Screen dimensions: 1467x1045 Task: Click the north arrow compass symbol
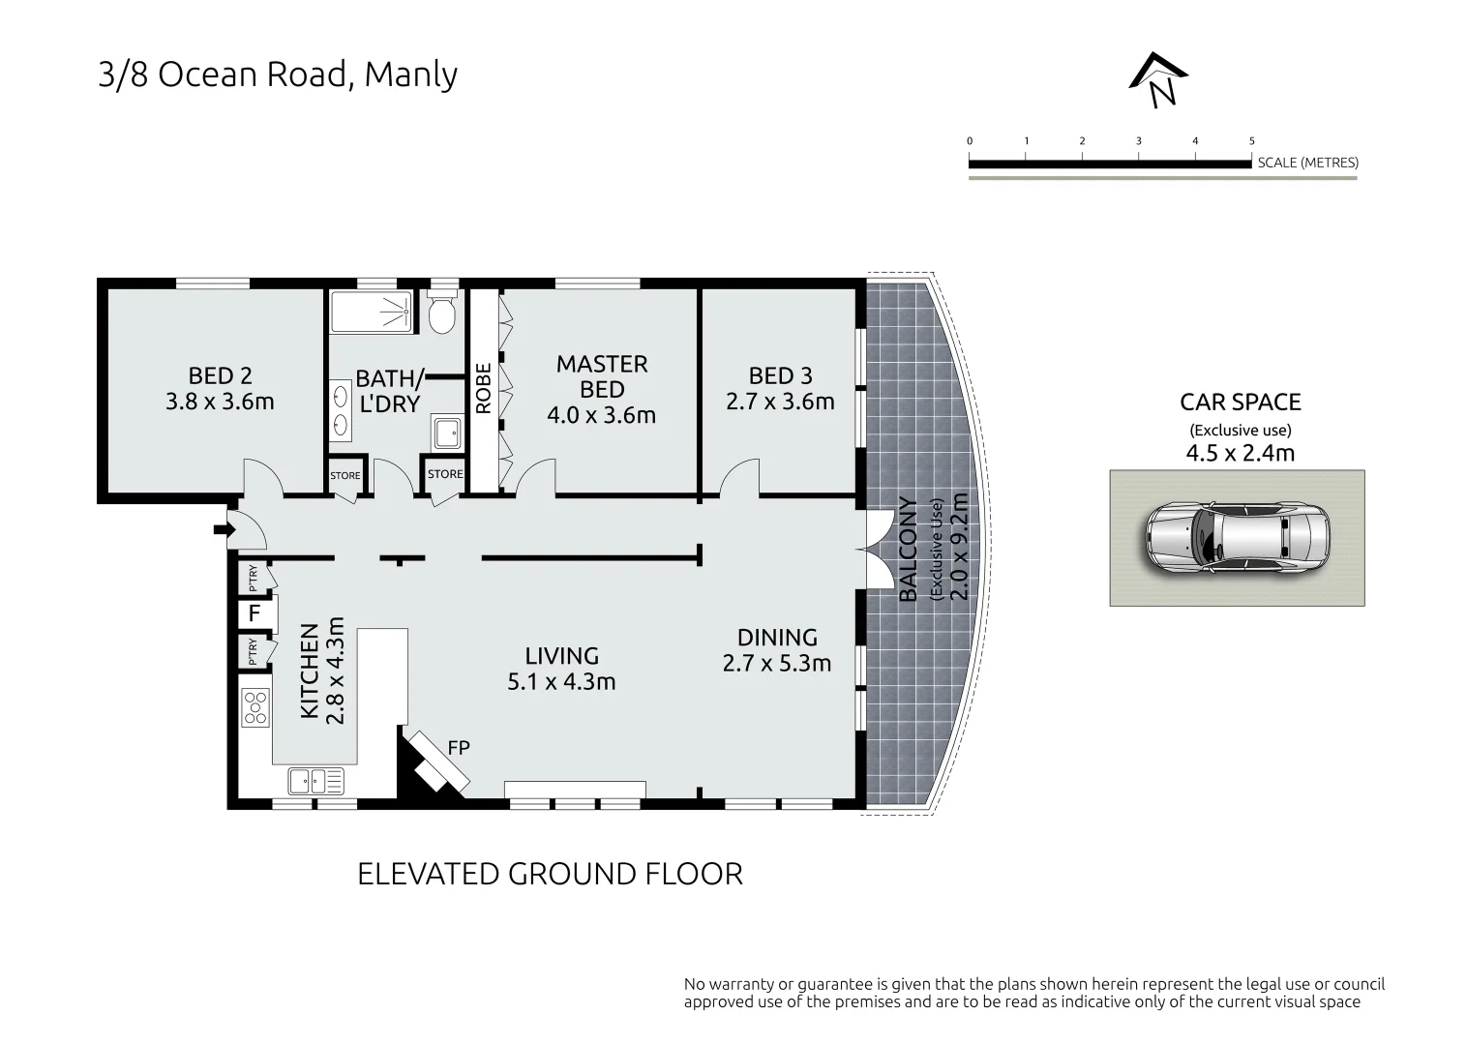click(1158, 80)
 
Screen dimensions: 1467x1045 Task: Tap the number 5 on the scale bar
click(1251, 140)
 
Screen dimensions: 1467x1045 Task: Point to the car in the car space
click(1238, 538)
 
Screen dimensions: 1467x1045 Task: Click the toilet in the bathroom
click(442, 314)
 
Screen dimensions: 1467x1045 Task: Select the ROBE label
click(483, 388)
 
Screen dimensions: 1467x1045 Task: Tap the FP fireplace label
click(459, 747)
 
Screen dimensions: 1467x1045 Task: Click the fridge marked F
click(254, 613)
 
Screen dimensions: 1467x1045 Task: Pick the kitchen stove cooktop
click(255, 707)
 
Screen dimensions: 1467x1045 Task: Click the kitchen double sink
click(315, 781)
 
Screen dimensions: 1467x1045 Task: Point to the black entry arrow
click(225, 529)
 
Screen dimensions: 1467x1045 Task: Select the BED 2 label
click(220, 375)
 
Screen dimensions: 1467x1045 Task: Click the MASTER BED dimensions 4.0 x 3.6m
click(601, 415)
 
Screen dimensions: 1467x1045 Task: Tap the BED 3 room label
click(781, 375)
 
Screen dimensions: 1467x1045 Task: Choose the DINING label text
click(777, 637)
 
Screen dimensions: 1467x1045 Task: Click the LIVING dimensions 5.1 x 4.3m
click(561, 681)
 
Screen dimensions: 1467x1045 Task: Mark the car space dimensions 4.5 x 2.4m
click(1241, 453)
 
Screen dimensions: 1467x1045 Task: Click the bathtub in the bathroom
click(372, 313)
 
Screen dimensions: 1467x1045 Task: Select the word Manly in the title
click(410, 75)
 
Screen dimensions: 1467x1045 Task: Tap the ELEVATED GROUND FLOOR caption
click(550, 874)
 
